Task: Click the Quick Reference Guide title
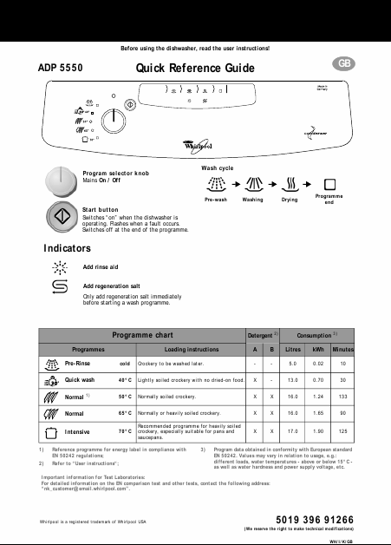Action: [x=195, y=69]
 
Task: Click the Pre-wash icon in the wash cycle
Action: [x=216, y=184]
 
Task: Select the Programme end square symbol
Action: [x=329, y=184]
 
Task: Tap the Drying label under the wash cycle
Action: [x=290, y=199]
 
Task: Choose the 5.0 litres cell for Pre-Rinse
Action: [x=293, y=364]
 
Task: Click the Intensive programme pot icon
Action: [x=51, y=430]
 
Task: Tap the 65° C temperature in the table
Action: [x=126, y=413]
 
